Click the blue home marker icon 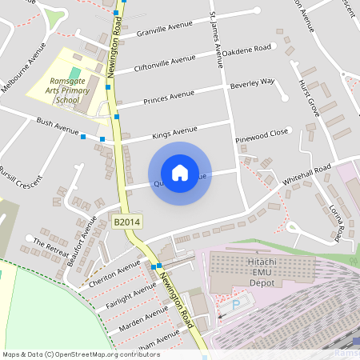point(180,173)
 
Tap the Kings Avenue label point(174,130)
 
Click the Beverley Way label point(252,82)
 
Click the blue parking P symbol point(236,305)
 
